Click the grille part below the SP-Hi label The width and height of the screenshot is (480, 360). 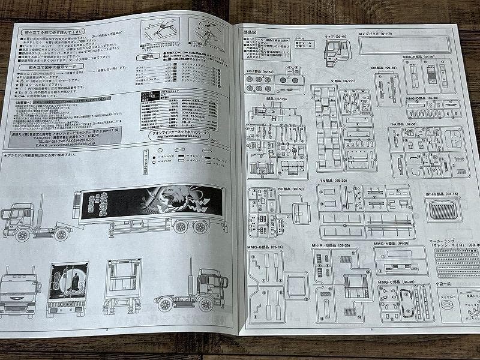tap(443, 209)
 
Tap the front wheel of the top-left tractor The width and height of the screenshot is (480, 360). tap(22, 235)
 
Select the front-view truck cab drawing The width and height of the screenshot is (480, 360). tap(18, 292)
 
